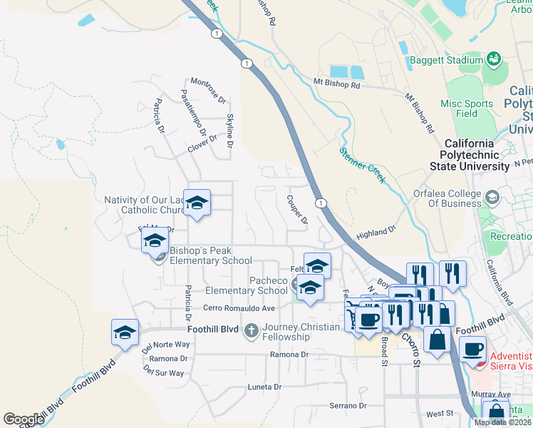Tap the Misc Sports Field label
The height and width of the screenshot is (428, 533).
click(467, 108)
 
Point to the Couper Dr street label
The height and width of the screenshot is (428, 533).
click(297, 210)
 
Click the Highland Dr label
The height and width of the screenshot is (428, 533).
click(376, 233)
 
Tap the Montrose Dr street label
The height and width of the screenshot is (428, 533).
click(207, 89)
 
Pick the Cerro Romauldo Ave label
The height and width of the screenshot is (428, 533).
click(239, 308)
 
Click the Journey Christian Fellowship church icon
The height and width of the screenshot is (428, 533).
click(251, 330)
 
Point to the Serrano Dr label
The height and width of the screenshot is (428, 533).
click(346, 405)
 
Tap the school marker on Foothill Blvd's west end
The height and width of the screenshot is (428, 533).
click(125, 332)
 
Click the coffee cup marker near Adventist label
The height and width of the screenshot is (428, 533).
click(472, 349)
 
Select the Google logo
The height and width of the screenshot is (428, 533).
click(24, 419)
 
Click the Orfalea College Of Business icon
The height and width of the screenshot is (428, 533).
click(492, 196)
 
